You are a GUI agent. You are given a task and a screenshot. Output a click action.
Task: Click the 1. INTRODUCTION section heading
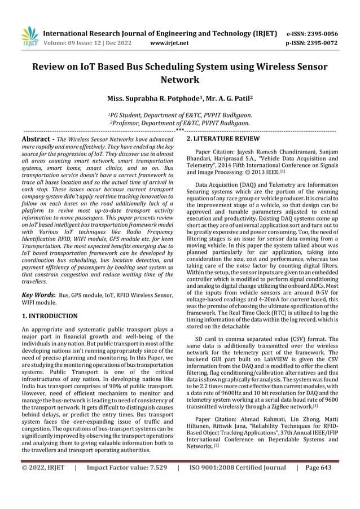(x=50, y=316)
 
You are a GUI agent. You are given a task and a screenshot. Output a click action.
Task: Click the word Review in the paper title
(x=51, y=67)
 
